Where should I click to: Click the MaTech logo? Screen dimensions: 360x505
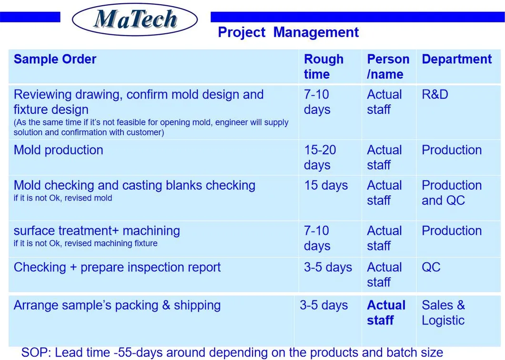click(135, 20)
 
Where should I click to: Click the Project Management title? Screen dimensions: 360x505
click(288, 32)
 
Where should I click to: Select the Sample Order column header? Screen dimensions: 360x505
click(55, 60)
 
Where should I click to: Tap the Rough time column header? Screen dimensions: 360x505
click(323, 67)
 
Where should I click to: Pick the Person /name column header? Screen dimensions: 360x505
click(387, 67)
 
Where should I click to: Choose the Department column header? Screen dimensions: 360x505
click(456, 60)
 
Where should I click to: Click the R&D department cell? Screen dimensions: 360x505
click(434, 95)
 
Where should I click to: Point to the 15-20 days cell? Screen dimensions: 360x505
click(320, 157)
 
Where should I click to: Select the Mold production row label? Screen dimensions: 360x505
click(58, 150)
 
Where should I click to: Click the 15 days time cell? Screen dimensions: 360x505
click(325, 186)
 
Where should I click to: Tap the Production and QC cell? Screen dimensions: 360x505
click(451, 193)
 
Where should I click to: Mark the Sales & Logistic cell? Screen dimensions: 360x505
click(443, 313)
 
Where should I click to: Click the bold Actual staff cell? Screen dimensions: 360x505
click(385, 313)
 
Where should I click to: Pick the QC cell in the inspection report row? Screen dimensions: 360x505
click(431, 268)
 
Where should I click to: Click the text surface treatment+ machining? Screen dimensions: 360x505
click(97, 231)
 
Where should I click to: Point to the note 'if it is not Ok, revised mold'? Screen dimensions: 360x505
click(62, 198)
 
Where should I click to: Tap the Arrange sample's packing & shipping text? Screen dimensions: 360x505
click(117, 306)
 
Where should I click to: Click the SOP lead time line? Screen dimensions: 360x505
click(232, 353)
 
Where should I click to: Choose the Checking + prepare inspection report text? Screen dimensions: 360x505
click(117, 268)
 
